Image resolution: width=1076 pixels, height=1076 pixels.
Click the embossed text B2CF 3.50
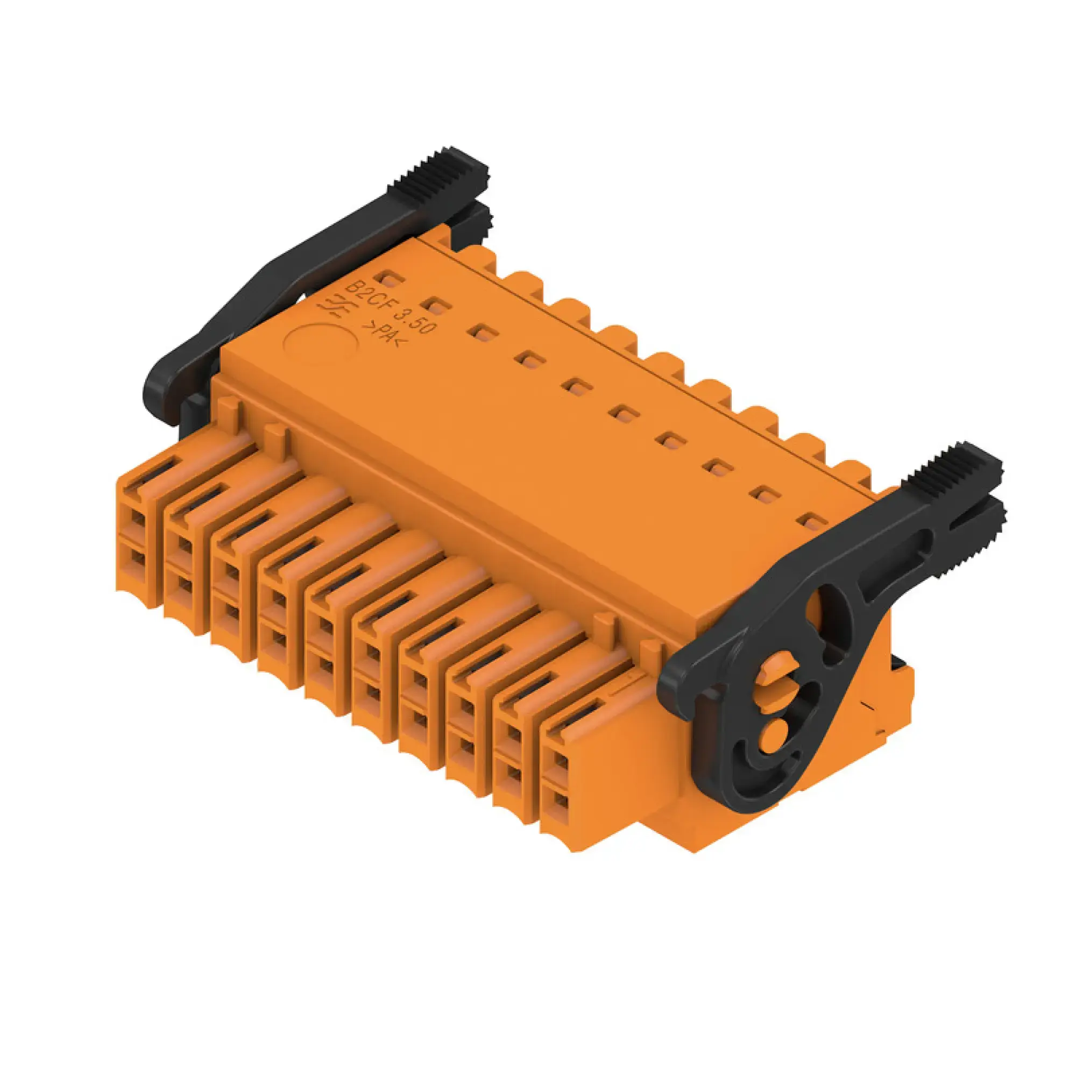pyautogui.click(x=390, y=308)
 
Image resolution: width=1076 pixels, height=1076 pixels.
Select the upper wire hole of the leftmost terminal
pyautogui.click(x=137, y=521)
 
